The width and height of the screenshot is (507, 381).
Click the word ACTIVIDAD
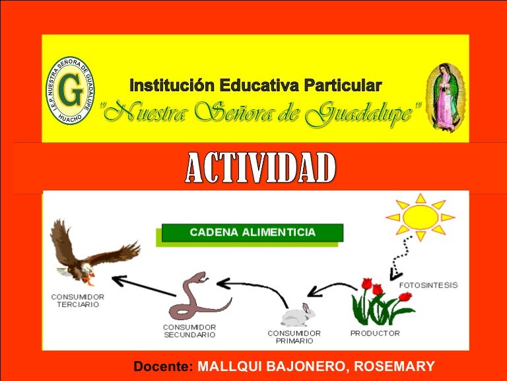tap(259, 169)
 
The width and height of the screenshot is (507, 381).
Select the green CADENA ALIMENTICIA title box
tap(252, 233)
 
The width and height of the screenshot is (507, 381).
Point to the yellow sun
tap(420, 215)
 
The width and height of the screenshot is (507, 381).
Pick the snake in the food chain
tap(197, 297)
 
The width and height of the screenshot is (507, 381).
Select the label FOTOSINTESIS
tap(428, 285)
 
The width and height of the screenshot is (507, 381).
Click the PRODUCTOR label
tap(374, 333)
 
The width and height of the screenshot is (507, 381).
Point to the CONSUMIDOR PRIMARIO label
tap(294, 337)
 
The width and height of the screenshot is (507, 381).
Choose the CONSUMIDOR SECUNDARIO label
tap(189, 331)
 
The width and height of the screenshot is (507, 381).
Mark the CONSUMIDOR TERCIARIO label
tap(78, 301)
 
